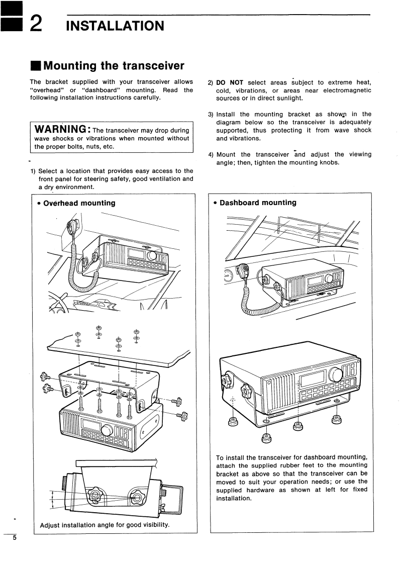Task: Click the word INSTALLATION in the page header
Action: [x=115, y=25]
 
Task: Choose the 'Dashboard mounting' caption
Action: [x=258, y=203]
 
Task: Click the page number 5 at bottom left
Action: [x=15, y=538]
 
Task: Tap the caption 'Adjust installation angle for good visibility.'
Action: [x=105, y=525]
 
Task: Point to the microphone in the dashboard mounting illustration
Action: [x=247, y=271]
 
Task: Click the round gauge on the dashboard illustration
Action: [x=229, y=275]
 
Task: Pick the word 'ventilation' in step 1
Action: [x=159, y=178]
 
